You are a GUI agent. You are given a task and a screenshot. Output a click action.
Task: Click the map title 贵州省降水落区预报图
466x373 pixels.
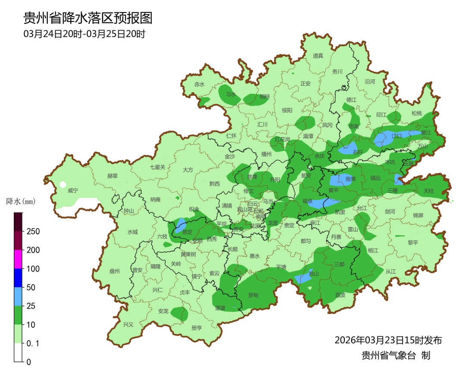coord(88,18)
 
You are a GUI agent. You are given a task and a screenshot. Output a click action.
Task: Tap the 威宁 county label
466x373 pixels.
coord(73,190)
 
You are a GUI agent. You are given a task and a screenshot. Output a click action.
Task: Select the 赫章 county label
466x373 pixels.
coord(112,176)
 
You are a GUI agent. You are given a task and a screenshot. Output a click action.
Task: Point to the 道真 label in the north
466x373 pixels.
coord(318,55)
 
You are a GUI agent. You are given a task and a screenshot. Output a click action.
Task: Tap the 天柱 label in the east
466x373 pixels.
coord(428,190)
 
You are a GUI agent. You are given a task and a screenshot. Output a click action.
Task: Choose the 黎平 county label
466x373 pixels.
coord(413,242)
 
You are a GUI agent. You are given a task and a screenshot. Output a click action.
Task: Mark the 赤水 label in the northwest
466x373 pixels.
coord(199,84)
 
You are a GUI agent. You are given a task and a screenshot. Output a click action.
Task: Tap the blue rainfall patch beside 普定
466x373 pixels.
coord(180,225)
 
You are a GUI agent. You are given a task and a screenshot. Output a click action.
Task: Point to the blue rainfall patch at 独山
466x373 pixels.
coord(305,278)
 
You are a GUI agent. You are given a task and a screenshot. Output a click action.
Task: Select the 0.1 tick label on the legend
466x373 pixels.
coord(33,343)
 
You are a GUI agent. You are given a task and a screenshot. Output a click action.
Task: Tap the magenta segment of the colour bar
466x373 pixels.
coord(18,259)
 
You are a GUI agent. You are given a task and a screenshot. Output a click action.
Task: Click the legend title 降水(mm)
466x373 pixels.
coord(20,201)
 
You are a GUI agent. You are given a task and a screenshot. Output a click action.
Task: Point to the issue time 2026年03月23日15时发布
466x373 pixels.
coord(388,340)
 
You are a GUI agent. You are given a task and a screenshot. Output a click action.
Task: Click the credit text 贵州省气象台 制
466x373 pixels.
coord(396,356)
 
